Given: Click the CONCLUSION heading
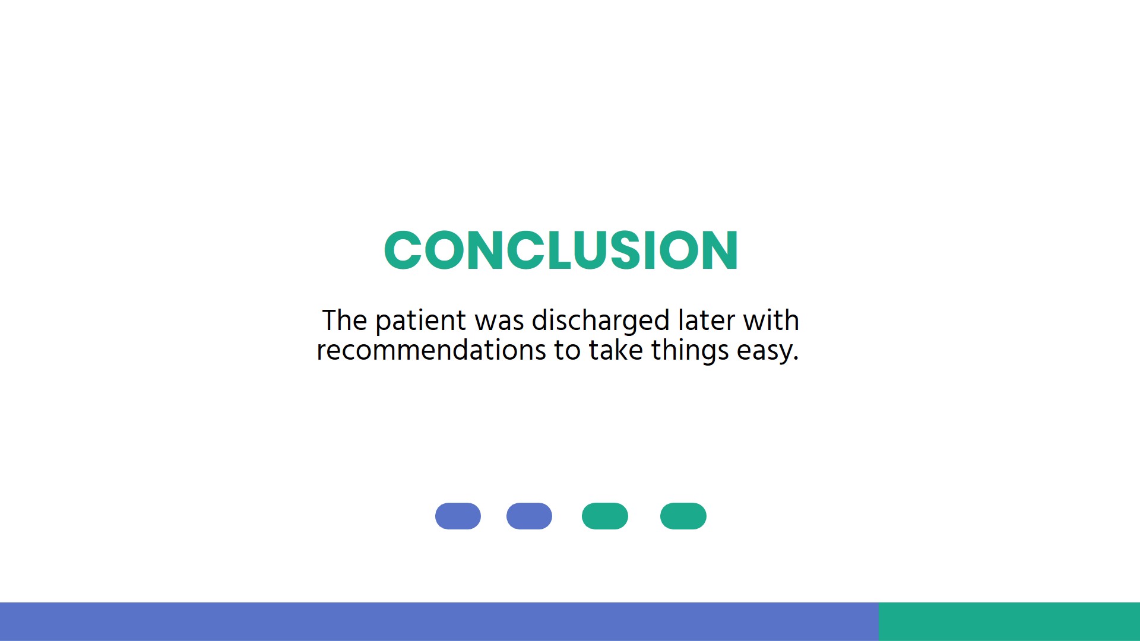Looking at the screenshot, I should [560, 250].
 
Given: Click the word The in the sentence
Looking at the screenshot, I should [344, 320].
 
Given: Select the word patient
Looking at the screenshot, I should [420, 322].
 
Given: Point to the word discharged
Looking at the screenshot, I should [600, 322].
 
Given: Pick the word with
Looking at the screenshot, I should [771, 320].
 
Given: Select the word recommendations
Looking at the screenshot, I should [431, 350].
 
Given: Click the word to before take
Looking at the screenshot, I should [567, 350].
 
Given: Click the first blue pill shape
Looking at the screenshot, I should [458, 516].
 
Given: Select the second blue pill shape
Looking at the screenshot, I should [529, 516].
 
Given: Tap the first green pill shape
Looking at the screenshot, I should [604, 516].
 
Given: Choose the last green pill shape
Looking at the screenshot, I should [683, 516].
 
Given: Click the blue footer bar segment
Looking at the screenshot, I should [439, 621].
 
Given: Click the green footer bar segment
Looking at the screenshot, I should [1009, 621].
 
